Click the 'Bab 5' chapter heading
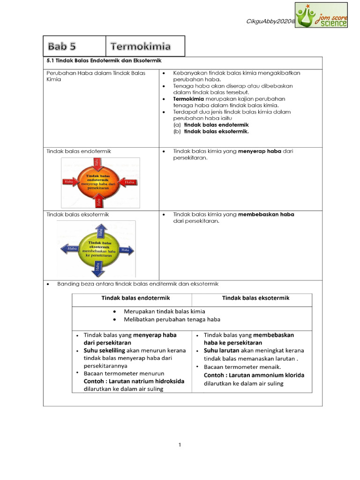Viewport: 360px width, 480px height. point(61,46)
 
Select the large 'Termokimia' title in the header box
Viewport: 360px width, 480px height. point(141,46)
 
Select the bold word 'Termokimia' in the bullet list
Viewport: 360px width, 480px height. point(188,99)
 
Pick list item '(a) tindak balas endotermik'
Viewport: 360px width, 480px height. point(211,125)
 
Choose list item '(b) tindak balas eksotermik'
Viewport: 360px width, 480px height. point(211,132)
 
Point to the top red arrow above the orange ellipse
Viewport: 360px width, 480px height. point(97,163)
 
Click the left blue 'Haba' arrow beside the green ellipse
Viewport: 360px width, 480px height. point(70,249)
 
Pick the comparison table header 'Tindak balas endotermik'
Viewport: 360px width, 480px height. point(135,298)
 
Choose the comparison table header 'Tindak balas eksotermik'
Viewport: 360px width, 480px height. point(255,298)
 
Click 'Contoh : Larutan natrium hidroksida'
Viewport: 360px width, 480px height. point(134,381)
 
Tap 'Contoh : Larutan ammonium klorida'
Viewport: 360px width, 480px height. point(254,375)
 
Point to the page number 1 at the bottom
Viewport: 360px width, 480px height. point(180,445)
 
